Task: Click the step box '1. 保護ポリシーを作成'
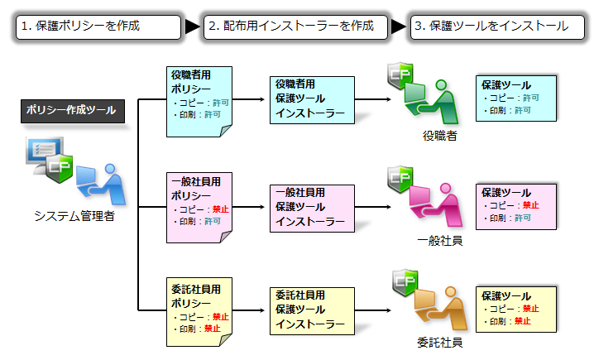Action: click(98, 26)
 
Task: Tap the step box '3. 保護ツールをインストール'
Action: click(491, 26)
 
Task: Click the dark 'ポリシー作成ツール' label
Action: click(71, 110)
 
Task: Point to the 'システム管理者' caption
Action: click(74, 217)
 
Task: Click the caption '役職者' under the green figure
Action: click(439, 136)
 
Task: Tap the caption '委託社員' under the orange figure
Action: click(439, 341)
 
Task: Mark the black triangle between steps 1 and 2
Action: click(192, 26)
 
